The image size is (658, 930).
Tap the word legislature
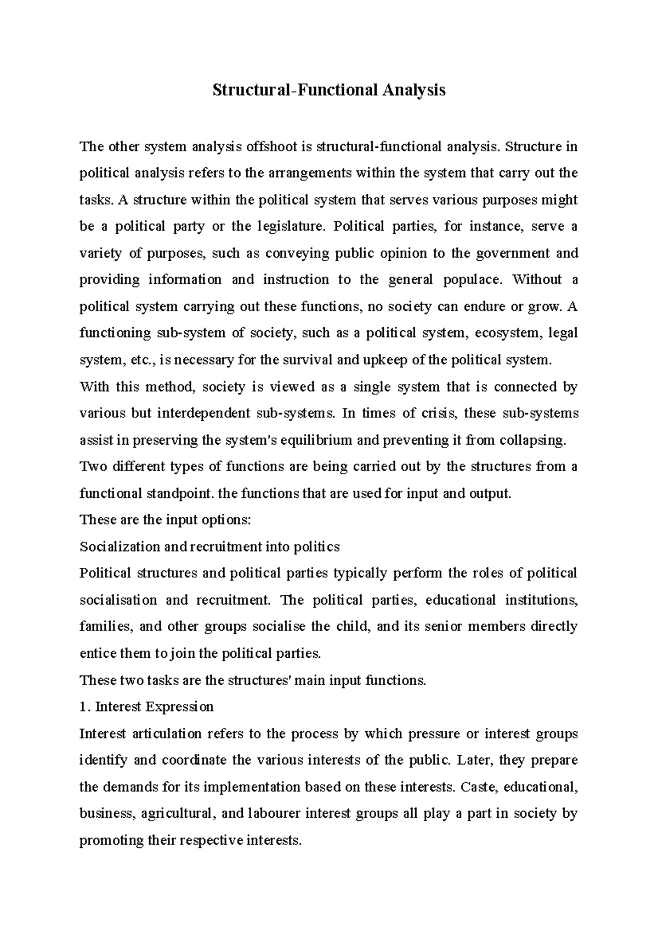tap(289, 226)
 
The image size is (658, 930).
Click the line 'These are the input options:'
tap(165, 520)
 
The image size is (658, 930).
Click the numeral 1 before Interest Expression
tap(83, 707)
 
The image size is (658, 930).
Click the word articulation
tap(167, 733)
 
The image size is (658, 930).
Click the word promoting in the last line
tap(111, 840)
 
